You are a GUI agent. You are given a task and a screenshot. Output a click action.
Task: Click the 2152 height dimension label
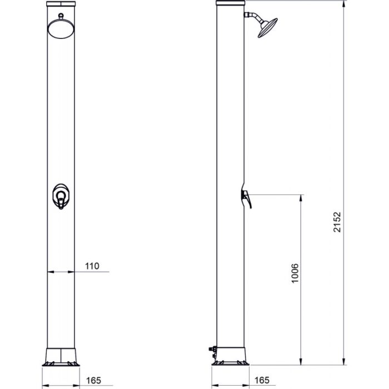coord(337,222)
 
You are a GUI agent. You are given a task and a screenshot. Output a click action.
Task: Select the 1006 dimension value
coord(295,273)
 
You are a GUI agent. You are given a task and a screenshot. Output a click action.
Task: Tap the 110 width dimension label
coord(92,266)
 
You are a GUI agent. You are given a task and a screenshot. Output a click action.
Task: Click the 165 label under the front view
coord(93,380)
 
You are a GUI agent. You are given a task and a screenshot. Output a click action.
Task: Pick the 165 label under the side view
coord(262,380)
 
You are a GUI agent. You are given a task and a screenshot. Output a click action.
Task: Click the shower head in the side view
coord(267,28)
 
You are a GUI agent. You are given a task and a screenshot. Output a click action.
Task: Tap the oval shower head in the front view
coord(61,29)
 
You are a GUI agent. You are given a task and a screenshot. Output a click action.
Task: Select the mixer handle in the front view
coord(61,197)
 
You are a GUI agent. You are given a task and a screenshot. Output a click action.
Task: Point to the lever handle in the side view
coord(247,200)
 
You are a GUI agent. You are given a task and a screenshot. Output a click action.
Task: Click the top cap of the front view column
coord(61,3)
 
